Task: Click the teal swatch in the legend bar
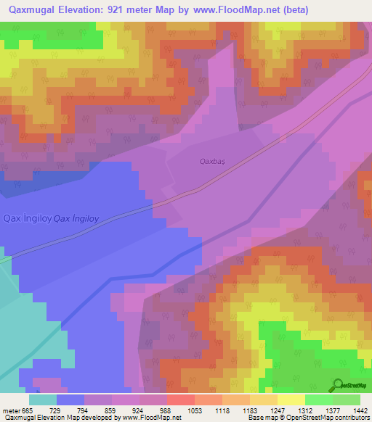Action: [x=43, y=400]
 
